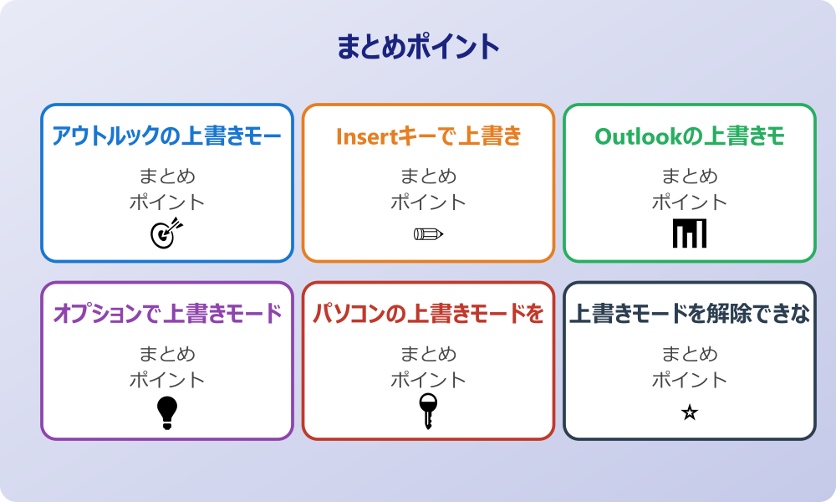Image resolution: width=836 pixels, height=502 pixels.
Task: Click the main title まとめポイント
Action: point(418,47)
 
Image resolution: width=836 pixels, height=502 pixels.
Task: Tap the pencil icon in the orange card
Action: point(428,233)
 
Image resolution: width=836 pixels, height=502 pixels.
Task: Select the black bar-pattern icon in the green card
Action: point(690,233)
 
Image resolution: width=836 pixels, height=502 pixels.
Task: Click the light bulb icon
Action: point(167,412)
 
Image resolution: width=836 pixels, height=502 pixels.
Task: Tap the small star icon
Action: point(690,412)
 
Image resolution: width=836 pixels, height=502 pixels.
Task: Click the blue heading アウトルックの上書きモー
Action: point(167,136)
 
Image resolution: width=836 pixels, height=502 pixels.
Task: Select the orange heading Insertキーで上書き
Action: point(428,136)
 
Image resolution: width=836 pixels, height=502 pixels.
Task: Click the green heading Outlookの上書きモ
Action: point(690,136)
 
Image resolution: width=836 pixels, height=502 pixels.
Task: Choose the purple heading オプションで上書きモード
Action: point(167,314)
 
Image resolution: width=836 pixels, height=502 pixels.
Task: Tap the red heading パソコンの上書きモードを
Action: point(428,314)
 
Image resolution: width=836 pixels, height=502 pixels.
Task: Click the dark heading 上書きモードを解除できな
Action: point(690,314)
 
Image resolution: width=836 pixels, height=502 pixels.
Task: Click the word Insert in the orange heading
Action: point(365,136)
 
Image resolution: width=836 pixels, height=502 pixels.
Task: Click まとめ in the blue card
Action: point(167,177)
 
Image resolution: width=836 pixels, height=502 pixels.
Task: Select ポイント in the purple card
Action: point(167,380)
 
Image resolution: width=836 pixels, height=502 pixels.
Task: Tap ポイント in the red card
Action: point(428,380)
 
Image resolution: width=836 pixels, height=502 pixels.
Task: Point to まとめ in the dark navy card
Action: point(690,354)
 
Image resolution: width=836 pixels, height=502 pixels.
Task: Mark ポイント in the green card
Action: point(690,202)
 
